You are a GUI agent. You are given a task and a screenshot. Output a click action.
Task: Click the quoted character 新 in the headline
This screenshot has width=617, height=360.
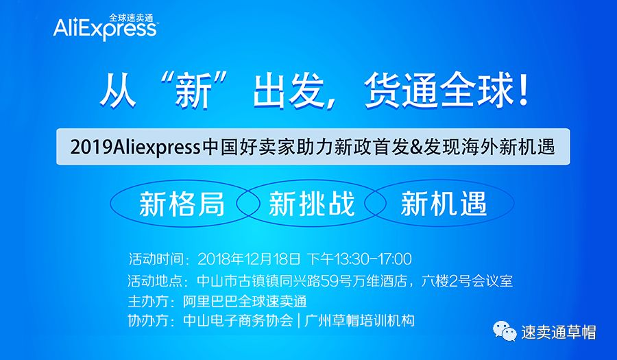[x=193, y=93]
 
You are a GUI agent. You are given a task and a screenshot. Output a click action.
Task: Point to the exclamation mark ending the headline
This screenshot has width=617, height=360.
[x=523, y=92]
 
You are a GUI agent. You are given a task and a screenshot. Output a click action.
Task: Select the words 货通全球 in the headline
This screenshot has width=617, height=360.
[x=439, y=92]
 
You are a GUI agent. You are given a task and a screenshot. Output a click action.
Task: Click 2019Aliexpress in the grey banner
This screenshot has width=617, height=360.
[x=135, y=147]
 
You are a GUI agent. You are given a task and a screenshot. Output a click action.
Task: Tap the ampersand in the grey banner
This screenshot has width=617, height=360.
[x=417, y=147]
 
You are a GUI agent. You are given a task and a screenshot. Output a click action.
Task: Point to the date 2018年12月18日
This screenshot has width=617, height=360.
[x=249, y=259]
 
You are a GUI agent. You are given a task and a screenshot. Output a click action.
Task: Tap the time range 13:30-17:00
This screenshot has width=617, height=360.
[x=373, y=259]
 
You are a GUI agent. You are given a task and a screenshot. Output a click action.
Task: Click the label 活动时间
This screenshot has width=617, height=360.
[x=156, y=259]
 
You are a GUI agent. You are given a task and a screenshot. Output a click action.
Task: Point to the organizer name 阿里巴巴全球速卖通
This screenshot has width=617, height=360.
[x=245, y=302]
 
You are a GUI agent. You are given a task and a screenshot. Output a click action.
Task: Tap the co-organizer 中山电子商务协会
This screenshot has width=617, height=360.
[x=238, y=321]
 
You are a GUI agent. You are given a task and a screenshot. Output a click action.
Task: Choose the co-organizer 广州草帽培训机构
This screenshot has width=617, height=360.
[x=359, y=321]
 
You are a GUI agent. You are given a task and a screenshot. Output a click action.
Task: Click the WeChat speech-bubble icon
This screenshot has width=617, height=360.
[x=505, y=331]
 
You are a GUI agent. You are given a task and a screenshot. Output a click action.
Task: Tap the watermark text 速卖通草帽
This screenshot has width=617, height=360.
[x=558, y=333]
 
